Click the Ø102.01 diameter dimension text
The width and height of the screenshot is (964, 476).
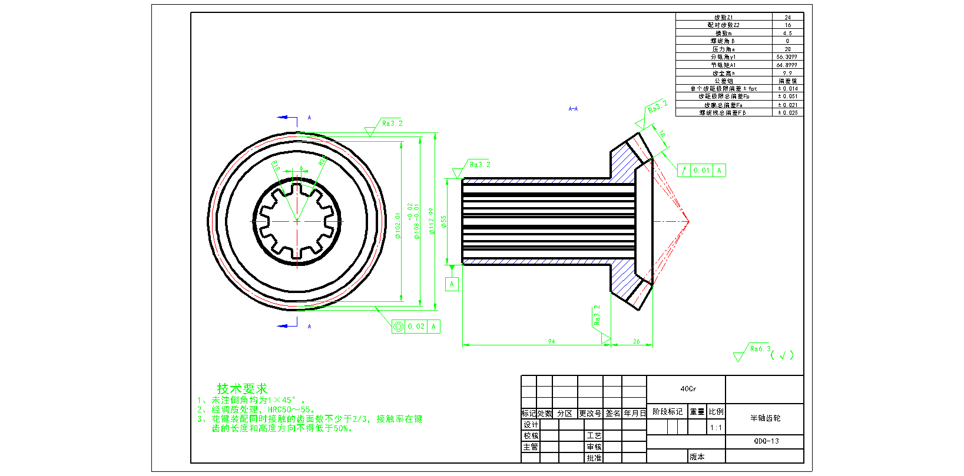[398, 226]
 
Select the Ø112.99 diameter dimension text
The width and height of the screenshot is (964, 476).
[432, 221]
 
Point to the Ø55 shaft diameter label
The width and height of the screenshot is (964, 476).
[444, 221]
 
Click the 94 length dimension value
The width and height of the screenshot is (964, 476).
[551, 341]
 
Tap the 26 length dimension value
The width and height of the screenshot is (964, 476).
[637, 341]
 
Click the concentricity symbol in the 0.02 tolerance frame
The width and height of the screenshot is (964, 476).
[399, 327]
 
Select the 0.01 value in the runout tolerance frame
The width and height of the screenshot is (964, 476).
[701, 171]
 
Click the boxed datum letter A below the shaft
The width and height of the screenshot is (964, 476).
[452, 284]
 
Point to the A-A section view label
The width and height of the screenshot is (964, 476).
[573, 109]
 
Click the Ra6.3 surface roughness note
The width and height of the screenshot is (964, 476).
[760, 349]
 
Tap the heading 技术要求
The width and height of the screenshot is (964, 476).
[242, 389]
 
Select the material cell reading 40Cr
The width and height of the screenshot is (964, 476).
[688, 389]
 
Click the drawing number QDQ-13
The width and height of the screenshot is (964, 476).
[766, 441]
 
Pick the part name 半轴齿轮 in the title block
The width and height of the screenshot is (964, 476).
[765, 418]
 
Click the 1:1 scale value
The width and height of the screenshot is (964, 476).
[715, 428]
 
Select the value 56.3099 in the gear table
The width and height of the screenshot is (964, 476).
[787, 57]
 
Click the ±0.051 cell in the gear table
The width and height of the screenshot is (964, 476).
[787, 96]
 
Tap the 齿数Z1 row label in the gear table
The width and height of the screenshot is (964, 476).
[723, 17]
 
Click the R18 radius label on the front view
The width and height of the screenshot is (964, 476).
[276, 167]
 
